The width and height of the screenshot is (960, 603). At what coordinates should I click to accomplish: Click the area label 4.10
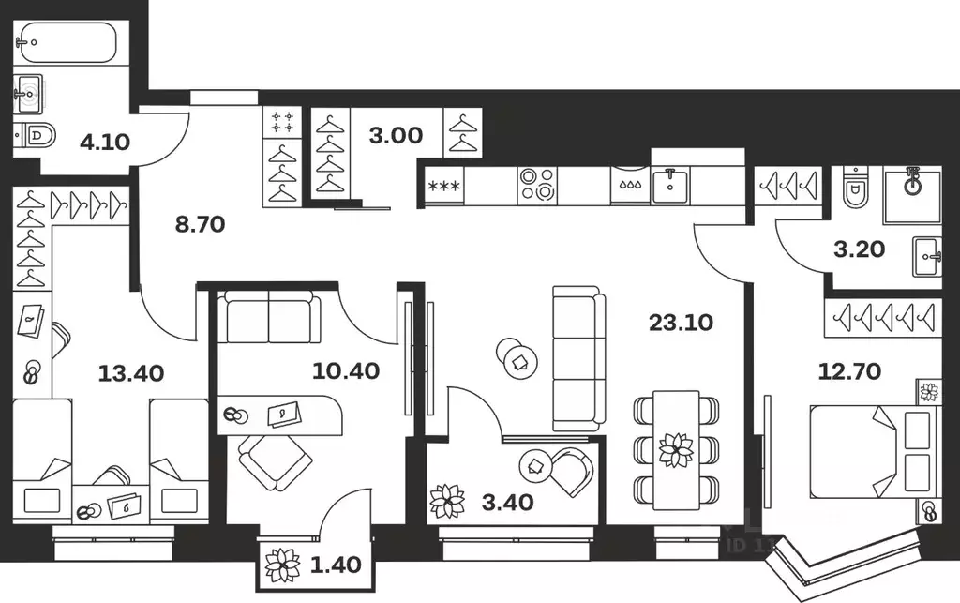click(104, 143)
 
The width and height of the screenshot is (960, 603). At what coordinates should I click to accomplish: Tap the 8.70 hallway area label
click(200, 224)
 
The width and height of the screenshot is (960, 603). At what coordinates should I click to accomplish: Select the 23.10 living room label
click(681, 323)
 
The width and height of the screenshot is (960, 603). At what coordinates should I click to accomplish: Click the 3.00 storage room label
click(395, 135)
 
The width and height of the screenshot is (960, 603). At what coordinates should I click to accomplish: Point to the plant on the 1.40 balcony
click(280, 565)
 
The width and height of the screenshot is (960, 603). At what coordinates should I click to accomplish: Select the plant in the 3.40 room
click(446, 501)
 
